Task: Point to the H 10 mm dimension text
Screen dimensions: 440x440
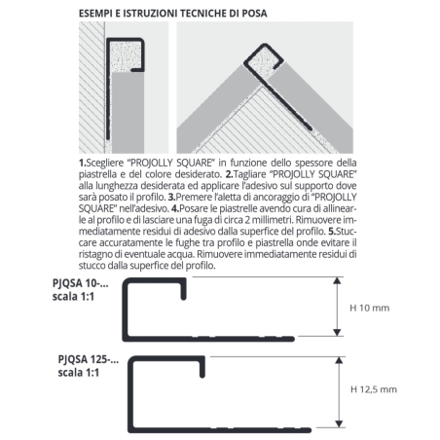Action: click(x=368, y=307)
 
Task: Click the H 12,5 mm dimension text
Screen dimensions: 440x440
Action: click(x=372, y=389)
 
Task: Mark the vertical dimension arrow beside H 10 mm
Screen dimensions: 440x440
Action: click(x=336, y=307)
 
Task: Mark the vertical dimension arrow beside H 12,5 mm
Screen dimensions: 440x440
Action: click(x=336, y=389)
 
